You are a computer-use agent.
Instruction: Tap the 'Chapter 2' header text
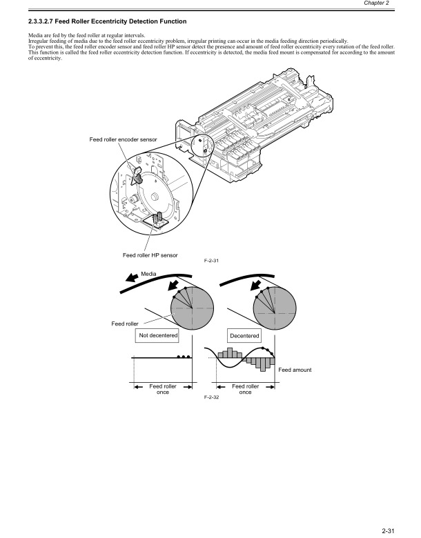(x=395, y=3)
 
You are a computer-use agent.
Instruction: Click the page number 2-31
(x=404, y=529)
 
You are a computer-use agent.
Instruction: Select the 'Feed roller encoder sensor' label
(x=124, y=140)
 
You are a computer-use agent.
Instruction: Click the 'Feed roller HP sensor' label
(x=150, y=255)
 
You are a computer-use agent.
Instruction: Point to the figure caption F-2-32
(x=212, y=399)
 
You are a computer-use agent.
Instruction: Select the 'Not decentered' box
(x=158, y=335)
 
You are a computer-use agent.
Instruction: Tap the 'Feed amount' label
(x=295, y=370)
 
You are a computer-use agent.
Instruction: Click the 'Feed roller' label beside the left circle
(x=125, y=323)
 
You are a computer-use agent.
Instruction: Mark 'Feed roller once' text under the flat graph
(x=163, y=389)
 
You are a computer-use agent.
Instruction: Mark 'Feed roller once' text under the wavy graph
(x=245, y=389)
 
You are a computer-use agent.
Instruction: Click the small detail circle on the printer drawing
(x=202, y=143)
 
